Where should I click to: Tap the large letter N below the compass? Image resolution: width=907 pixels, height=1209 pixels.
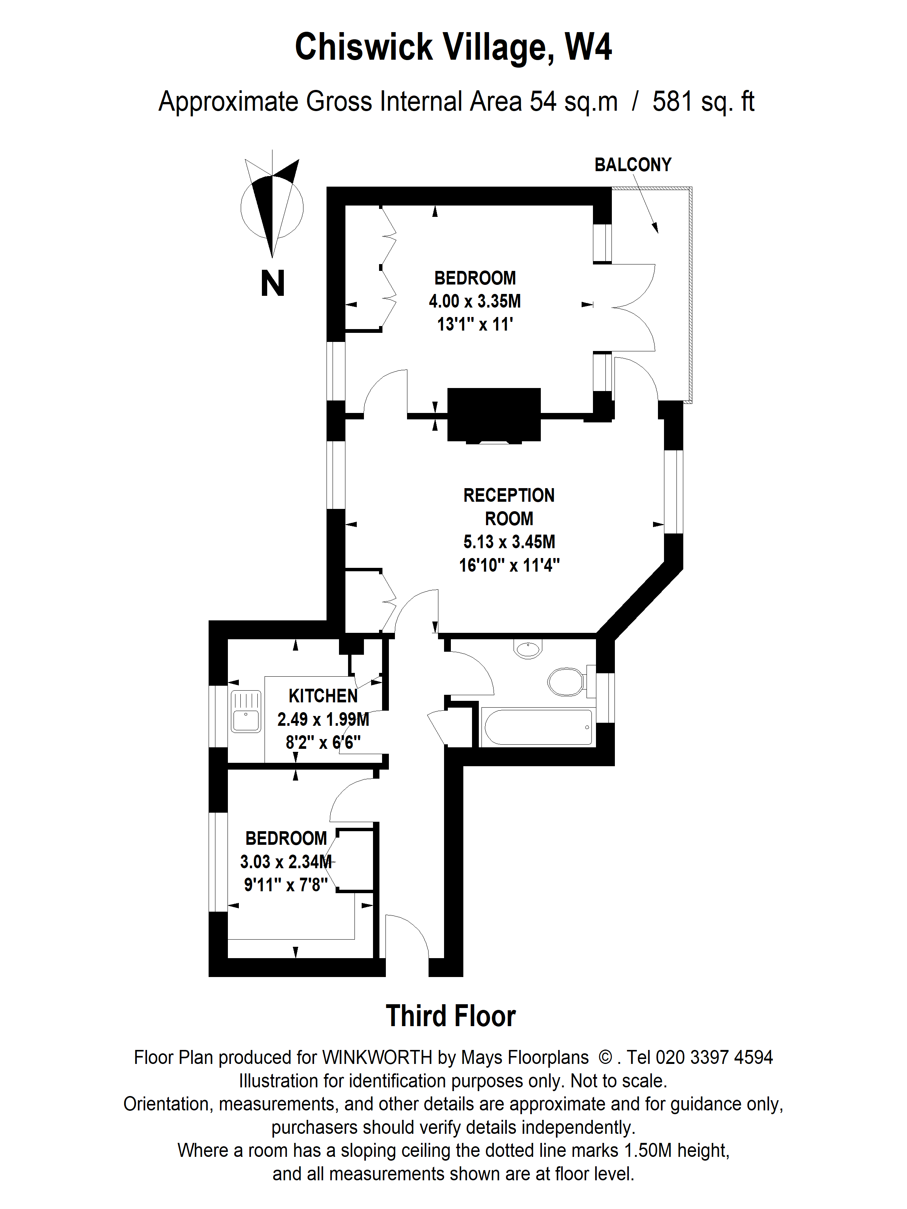click(272, 284)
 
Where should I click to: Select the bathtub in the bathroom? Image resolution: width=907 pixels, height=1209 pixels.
click(538, 727)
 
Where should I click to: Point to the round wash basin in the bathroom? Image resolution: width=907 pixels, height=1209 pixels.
click(528, 649)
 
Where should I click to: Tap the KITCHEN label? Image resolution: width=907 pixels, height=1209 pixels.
click(323, 696)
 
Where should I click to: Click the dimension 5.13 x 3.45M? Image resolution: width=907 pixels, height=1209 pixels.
click(509, 542)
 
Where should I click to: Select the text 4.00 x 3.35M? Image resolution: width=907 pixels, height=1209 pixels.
click(475, 301)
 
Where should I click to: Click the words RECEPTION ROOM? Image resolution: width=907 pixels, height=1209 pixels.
click(509, 507)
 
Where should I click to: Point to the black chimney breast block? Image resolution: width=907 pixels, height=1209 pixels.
click(494, 414)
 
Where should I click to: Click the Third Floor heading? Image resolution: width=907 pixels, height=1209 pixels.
click(450, 1016)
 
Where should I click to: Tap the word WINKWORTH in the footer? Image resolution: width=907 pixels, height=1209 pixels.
click(377, 1057)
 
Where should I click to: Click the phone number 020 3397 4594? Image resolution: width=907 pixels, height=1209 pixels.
click(714, 1057)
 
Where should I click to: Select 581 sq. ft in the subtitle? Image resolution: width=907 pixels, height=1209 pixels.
click(703, 102)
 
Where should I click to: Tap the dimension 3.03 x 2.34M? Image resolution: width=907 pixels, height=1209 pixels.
click(285, 862)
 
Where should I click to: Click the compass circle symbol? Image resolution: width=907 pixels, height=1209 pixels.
click(272, 208)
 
